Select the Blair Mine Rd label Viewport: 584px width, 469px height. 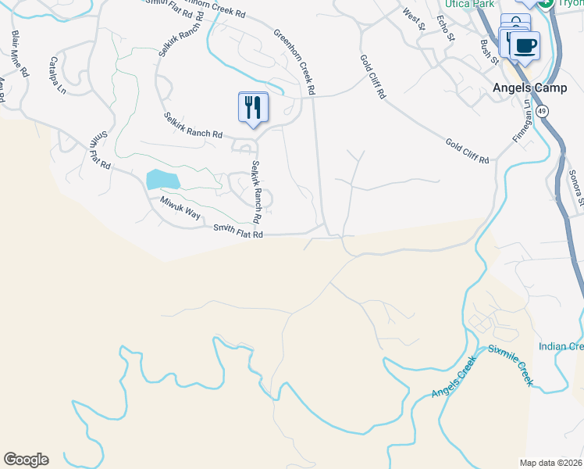[20, 54]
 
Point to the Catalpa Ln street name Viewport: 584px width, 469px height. [59, 75]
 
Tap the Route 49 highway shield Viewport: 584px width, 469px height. [543, 111]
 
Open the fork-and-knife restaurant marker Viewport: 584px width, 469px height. [252, 107]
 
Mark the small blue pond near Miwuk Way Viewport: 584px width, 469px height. [162, 180]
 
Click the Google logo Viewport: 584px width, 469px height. [26, 460]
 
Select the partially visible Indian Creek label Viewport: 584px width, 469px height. [561, 346]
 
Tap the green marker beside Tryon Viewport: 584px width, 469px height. [547, 3]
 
